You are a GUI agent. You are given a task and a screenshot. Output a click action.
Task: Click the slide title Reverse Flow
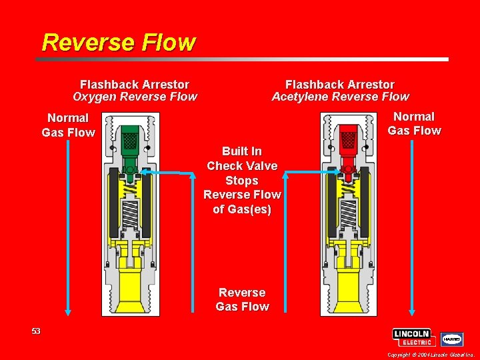118,43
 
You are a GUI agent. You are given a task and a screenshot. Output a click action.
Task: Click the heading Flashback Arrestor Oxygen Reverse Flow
135,91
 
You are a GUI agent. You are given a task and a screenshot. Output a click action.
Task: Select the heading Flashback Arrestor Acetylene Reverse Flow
340,91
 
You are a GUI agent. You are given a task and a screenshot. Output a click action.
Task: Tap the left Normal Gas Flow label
68,125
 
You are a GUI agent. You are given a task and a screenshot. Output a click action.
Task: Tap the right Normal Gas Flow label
414,124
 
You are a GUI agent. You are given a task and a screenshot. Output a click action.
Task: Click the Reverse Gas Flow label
242,299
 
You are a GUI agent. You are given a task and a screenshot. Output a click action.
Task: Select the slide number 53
35,331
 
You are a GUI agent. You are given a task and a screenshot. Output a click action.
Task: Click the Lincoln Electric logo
414,337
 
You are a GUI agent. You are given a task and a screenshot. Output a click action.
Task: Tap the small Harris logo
452,339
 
